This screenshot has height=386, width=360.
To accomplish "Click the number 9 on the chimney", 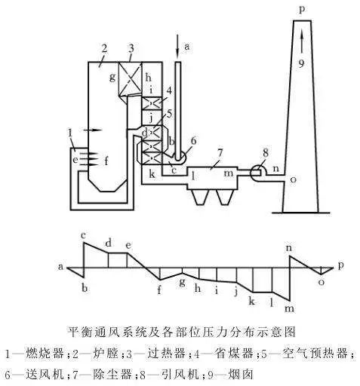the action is [301, 63].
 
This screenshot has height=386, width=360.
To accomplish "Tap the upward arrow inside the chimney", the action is [302, 41].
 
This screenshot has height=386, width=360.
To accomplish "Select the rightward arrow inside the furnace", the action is [93, 130].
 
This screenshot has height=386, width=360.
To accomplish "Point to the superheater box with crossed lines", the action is [130, 79].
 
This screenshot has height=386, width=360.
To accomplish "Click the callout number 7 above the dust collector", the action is [220, 153].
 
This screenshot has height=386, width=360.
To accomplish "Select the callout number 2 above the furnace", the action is [104, 48].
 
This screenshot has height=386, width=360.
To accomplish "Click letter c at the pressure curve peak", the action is [84, 236].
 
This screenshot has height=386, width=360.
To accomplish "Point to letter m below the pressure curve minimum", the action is [289, 308].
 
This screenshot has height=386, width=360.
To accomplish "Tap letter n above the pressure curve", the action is [289, 248].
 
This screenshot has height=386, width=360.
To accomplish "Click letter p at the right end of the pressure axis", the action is [341, 265].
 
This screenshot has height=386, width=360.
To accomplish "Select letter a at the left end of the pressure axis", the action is [60, 266].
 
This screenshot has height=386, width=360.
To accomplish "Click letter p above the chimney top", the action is [302, 10].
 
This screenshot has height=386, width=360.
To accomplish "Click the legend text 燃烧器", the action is [45, 354].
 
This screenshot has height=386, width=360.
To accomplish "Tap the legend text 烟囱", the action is [241, 374].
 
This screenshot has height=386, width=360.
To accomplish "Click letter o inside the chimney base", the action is [294, 179].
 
